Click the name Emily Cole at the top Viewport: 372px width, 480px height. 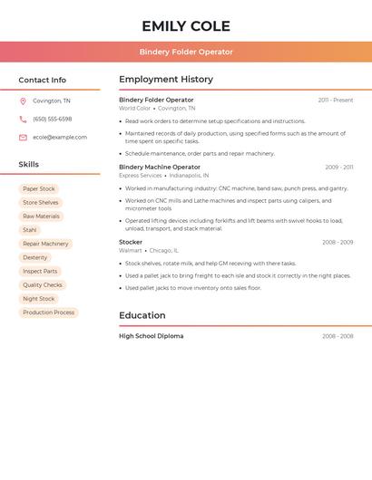pos(186,25)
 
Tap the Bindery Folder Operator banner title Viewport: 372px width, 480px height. pos(186,52)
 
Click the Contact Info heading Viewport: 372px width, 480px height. pos(43,80)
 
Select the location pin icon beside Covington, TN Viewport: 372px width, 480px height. pos(23,101)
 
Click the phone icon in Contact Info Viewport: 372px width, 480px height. pos(23,119)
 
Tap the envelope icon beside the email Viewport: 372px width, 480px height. pos(23,137)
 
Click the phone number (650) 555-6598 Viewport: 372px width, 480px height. pos(52,119)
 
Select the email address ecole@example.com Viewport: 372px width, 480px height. pos(60,137)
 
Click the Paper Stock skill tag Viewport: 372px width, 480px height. pos(39,188)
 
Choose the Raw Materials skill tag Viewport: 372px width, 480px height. pos(41,216)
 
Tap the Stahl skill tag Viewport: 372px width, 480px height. pos(30,230)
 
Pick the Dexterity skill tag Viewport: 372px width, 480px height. pos(35,257)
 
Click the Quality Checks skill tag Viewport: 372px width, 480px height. pos(43,284)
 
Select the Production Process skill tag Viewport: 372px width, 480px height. pos(49,312)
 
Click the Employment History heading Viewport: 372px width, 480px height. pos(166,80)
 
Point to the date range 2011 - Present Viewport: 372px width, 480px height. pos(336,100)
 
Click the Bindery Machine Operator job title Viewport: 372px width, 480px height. pos(160,167)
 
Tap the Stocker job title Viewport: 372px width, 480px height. pos(131,242)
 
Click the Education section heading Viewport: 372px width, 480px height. pos(142,315)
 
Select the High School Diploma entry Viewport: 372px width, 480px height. pos(151,336)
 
